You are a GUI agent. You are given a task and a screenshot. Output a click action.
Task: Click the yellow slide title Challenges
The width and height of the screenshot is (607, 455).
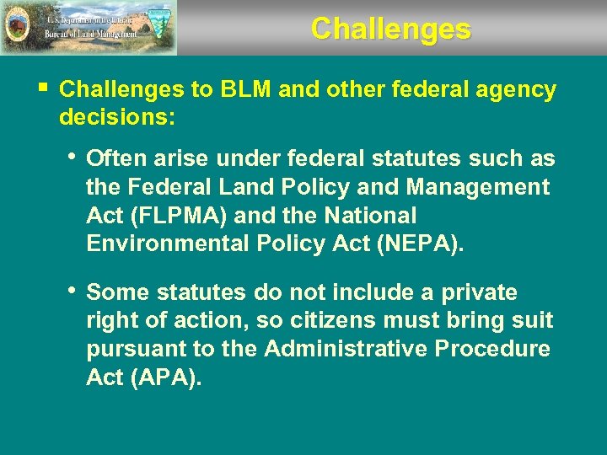coord(390,29)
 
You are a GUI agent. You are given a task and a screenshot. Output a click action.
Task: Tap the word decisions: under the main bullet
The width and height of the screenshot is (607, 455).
coord(117,119)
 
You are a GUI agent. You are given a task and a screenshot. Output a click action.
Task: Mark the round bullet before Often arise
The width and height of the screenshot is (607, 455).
coord(73,156)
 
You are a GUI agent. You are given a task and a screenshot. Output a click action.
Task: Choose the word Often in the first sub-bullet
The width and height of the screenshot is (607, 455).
coord(117,158)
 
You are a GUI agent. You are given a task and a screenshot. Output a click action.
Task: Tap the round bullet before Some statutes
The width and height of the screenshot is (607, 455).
coord(73,291)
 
